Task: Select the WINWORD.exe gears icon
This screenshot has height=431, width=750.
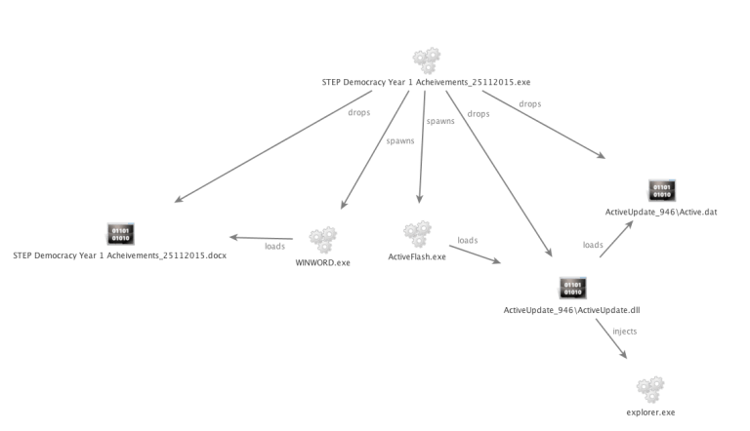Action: pyautogui.click(x=322, y=239)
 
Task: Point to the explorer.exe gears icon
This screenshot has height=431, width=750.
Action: pyautogui.click(x=649, y=390)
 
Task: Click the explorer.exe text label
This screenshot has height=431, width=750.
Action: pyautogui.click(x=650, y=412)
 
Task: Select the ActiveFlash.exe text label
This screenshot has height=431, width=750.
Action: pyautogui.click(x=417, y=256)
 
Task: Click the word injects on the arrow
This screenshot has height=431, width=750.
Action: pyautogui.click(x=624, y=332)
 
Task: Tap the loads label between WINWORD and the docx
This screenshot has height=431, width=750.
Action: pyautogui.click(x=275, y=246)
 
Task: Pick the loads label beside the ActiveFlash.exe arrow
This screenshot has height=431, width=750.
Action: pyautogui.click(x=469, y=240)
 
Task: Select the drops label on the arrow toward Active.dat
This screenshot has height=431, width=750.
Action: pyautogui.click(x=531, y=102)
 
